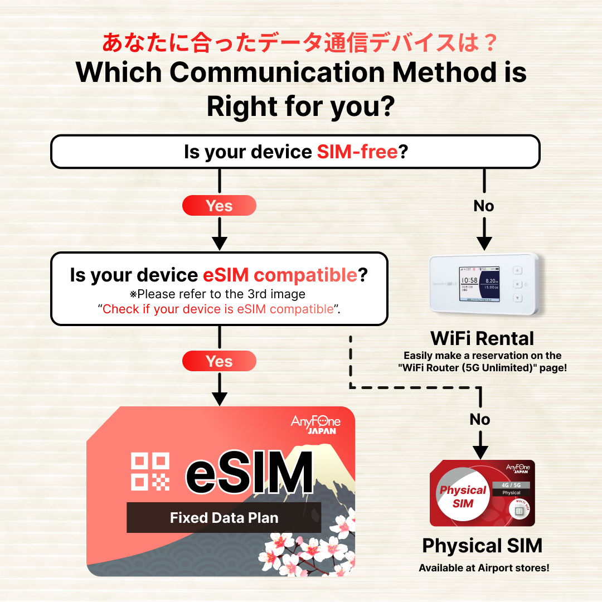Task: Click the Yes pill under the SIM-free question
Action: point(219,205)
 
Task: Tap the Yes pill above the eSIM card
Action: point(219,361)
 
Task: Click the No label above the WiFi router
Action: point(484,206)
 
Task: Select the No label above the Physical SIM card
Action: point(480,419)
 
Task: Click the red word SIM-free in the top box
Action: point(357,152)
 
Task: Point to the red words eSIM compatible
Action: point(280,275)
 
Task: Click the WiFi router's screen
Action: point(479,284)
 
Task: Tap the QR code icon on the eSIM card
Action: point(150,472)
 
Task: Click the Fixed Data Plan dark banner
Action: point(224,517)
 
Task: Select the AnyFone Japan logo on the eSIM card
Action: point(315,424)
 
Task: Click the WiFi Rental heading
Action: point(482,339)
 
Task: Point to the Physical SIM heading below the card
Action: point(482,546)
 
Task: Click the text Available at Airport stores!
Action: point(484,568)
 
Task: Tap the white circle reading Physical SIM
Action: point(463,495)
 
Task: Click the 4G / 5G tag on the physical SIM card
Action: point(511,486)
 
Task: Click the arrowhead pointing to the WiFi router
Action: point(484,244)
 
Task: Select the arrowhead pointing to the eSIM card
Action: point(219,399)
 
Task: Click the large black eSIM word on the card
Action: point(250,472)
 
